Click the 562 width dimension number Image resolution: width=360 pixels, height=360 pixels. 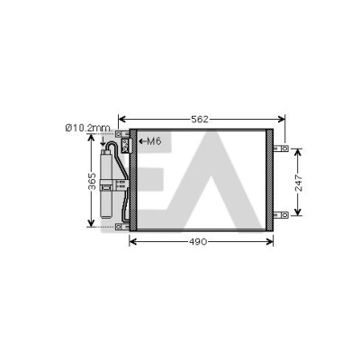(200, 120)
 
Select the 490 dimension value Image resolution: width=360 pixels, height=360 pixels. (198, 241)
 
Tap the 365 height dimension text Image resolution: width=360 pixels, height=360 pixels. (92, 181)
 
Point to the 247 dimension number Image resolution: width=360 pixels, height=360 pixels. (299, 183)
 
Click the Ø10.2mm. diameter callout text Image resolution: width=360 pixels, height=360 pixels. (88, 128)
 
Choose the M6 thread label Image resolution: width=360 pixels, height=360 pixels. (154, 141)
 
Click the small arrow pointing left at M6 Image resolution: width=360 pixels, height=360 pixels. (142, 141)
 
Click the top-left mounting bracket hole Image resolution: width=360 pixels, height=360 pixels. (119, 133)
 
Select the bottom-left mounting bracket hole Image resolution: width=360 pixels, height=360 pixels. (119, 227)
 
